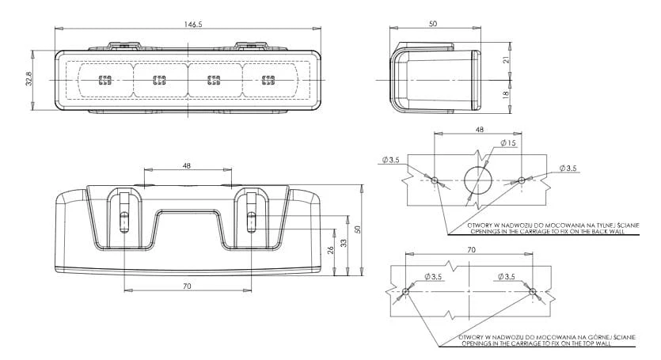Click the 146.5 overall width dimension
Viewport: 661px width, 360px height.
click(x=193, y=24)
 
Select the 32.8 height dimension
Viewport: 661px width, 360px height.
click(x=28, y=79)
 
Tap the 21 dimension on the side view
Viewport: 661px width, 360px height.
click(x=507, y=59)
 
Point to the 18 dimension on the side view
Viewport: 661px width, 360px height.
click(x=506, y=94)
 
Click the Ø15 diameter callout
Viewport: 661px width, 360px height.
click(x=508, y=143)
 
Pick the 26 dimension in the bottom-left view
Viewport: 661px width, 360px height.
click(x=331, y=250)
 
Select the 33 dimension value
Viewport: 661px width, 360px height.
click(x=344, y=243)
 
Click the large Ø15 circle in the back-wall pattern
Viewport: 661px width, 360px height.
click(x=478, y=180)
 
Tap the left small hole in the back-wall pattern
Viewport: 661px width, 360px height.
click(x=435, y=180)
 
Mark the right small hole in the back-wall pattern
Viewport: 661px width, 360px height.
click(x=522, y=180)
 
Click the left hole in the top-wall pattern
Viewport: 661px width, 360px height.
click(x=405, y=291)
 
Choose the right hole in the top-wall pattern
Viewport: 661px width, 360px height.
click(x=532, y=291)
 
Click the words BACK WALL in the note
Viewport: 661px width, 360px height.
click(x=610, y=231)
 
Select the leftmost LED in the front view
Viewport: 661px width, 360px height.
click(x=105, y=80)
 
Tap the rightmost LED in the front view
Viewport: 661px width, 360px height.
click(x=268, y=80)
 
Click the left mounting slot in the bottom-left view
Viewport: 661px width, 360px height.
click(x=124, y=222)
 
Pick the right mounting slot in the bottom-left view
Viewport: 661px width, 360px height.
click(x=251, y=222)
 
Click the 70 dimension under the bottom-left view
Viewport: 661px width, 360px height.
click(x=187, y=286)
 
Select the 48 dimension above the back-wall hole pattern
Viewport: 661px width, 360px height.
click(x=479, y=130)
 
